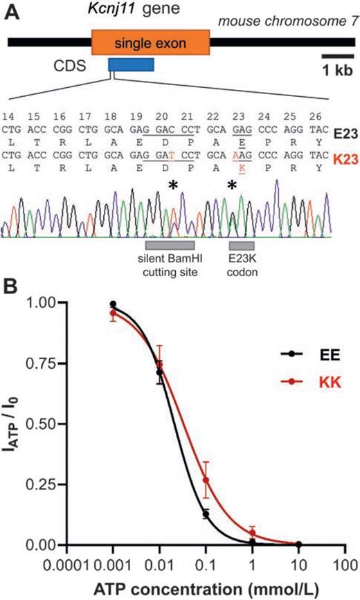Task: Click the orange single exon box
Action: coord(150,42)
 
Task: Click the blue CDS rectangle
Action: coord(131,65)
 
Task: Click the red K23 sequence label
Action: coord(344,148)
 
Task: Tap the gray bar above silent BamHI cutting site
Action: coord(170,245)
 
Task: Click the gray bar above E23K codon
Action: coord(242,245)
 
